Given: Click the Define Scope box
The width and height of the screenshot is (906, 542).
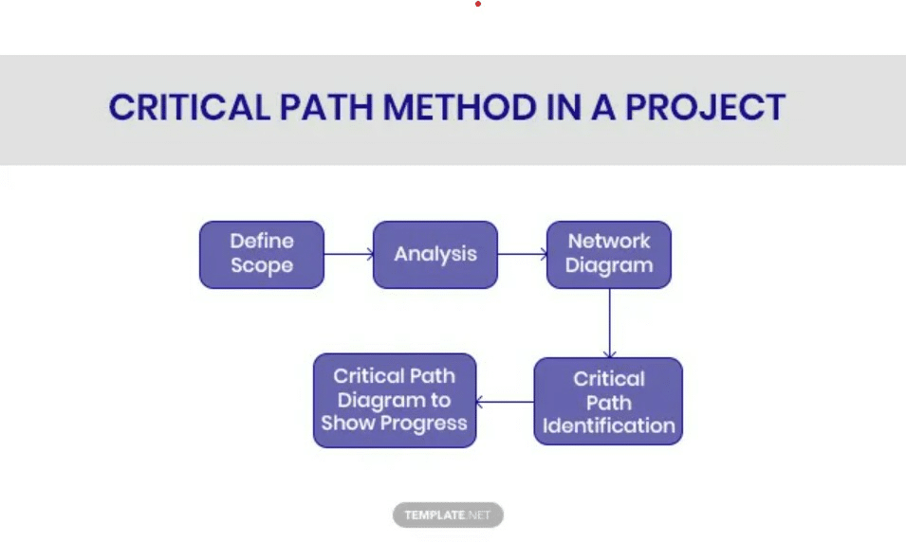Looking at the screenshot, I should coord(261,254).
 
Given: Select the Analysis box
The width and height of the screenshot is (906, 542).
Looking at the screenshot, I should coord(435,254).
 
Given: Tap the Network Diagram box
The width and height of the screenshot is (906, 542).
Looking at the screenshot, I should coord(608,254).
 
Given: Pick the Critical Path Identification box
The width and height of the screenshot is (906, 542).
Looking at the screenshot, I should coord(608,401).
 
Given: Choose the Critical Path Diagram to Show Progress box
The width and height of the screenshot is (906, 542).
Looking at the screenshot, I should coord(394,400).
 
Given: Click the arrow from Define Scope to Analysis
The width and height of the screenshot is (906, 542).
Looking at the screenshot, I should coord(348,254).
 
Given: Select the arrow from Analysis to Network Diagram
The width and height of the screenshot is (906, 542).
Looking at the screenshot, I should coord(522,254).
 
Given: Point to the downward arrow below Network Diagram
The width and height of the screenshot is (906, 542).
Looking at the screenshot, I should coord(609,322).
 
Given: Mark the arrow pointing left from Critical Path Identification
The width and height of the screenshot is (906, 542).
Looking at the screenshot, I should coord(505,402).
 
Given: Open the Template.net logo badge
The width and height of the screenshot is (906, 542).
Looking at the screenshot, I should coord(448,515).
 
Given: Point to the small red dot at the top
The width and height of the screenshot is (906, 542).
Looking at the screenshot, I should coord(478,4).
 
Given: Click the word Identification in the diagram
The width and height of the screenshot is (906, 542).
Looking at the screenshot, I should coord(608,425).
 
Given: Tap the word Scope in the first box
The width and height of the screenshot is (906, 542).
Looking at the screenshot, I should coord(261,266).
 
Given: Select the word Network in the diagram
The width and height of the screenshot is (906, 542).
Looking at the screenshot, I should coord(608,241).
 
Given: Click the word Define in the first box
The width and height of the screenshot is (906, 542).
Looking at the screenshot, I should coord(261,241).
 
